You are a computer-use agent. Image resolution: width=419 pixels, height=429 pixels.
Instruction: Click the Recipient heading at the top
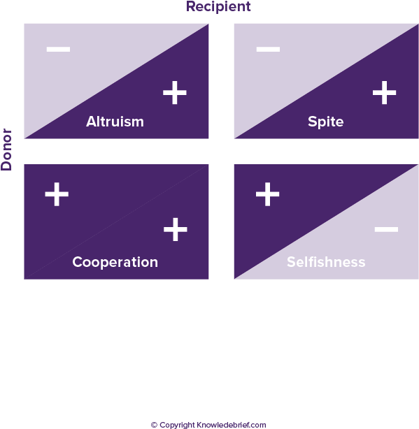218,6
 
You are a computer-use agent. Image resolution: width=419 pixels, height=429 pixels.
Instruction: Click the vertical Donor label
6,150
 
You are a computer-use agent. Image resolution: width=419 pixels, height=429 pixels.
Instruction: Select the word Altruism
115,122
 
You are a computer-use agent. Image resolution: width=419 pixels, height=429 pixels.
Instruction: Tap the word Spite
325,122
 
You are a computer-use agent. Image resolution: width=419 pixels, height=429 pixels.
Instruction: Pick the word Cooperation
115,263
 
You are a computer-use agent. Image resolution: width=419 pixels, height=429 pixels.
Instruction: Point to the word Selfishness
326,262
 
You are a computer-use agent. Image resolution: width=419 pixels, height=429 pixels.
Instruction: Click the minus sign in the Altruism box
58,49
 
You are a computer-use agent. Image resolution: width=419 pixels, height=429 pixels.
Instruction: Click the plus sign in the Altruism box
175,92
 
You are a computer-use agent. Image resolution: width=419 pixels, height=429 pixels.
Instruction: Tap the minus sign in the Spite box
268,49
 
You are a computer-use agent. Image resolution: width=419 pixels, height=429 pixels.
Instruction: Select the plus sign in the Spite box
385,92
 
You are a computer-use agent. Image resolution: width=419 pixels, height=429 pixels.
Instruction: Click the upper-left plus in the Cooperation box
57,194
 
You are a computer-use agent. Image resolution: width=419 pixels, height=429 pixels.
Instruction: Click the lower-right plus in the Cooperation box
176,229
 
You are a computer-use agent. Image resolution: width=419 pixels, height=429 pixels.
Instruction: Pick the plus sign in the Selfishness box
267,194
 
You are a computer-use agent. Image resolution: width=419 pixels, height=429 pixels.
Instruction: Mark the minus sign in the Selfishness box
386,229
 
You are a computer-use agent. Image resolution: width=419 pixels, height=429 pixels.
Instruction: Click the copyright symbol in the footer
154,425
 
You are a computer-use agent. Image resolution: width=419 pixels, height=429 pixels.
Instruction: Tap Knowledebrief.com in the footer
232,425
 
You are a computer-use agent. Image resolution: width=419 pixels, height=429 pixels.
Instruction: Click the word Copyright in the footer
177,426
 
